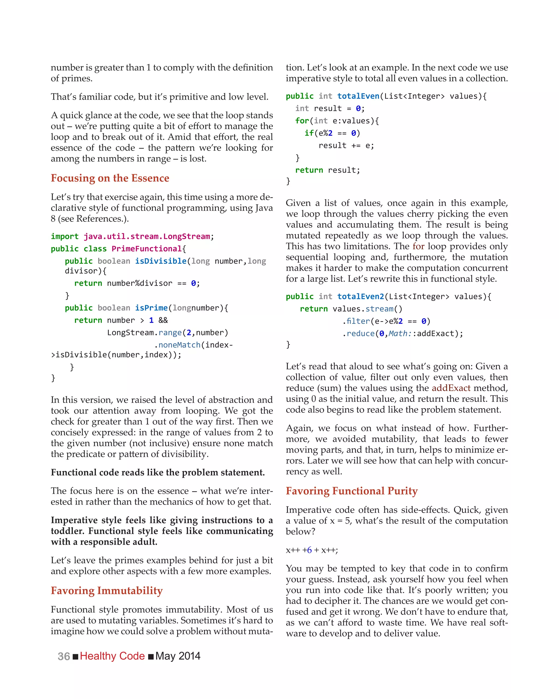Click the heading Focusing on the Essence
110,178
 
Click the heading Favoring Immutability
107,590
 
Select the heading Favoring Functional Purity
352,491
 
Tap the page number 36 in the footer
64,656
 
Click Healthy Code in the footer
112,656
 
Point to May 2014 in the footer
178,656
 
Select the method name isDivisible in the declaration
161,261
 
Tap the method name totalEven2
360,296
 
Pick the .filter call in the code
356,321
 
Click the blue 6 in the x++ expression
309,550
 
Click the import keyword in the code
64,236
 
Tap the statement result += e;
346,146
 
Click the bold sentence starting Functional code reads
157,472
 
